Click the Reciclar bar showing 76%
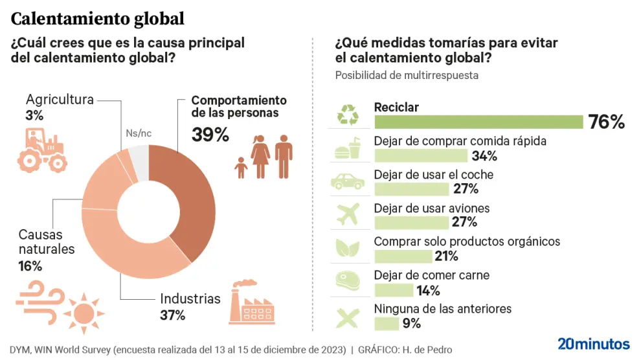point(478,122)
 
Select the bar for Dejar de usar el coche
point(411,189)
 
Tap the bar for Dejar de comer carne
point(394,290)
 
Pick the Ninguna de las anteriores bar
point(387,323)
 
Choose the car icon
point(348,181)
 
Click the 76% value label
point(606,122)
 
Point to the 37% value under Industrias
point(172,315)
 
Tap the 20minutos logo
point(593,343)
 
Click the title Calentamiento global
point(98,18)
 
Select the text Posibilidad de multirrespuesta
point(407,75)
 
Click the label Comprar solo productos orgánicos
point(467,242)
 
